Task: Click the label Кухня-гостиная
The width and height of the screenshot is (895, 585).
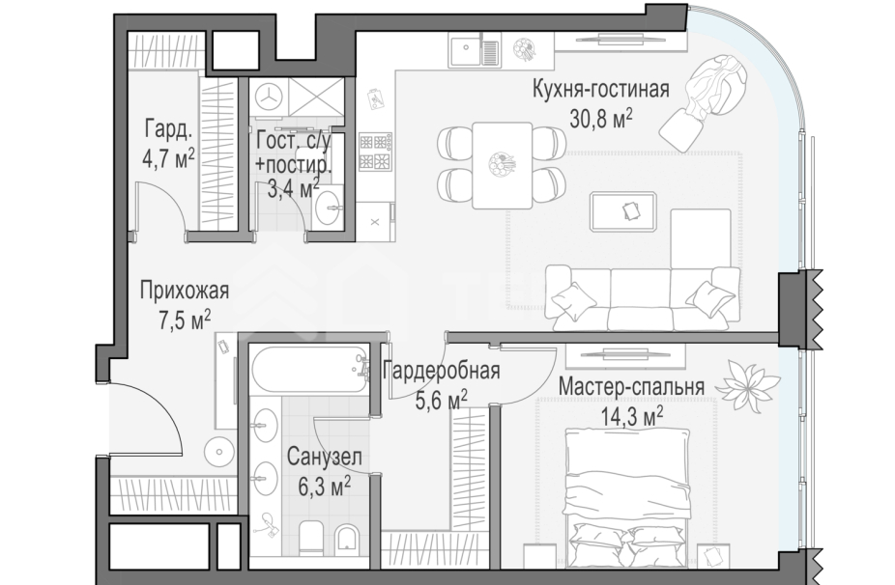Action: coord(600,92)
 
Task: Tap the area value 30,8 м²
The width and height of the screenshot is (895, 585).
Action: coord(601,119)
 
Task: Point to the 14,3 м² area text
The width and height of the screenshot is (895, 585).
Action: coord(630,415)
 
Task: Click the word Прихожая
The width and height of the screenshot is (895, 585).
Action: coord(184,291)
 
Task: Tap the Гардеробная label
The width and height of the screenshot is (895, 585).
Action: coord(441,372)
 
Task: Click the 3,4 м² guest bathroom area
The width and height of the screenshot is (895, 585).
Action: coord(293,187)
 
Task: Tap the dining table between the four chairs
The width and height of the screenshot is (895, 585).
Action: coord(502,164)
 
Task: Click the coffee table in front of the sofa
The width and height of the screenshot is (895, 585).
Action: coord(629,209)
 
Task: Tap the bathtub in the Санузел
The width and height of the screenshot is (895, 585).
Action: coord(310,370)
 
